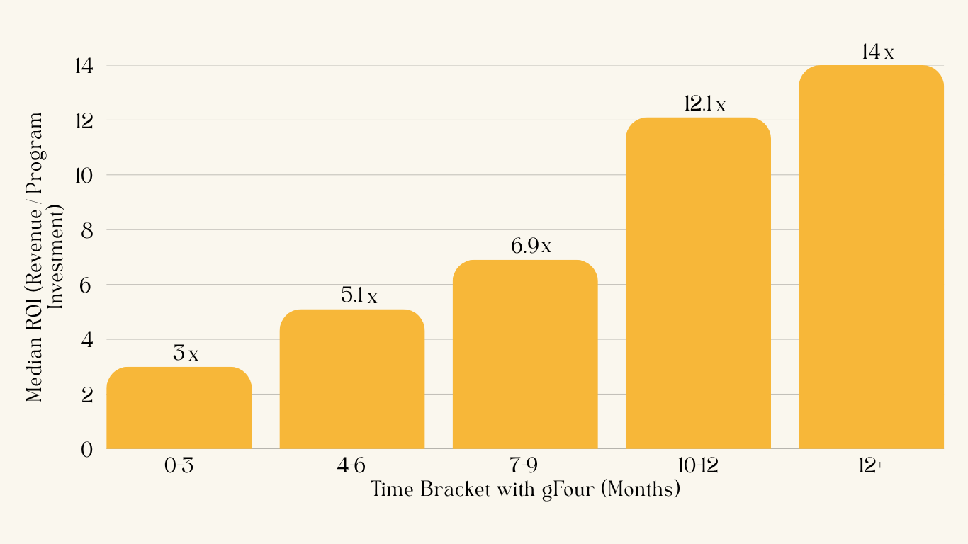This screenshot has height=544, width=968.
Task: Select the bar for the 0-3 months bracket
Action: pyautogui.click(x=179, y=408)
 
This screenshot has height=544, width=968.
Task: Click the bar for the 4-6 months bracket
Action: pyautogui.click(x=351, y=380)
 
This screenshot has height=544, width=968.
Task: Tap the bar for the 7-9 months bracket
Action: pyautogui.click(x=524, y=354)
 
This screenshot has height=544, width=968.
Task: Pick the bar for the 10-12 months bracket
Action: pyautogui.click(x=698, y=283)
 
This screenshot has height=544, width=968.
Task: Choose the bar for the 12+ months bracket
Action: pyautogui.click(x=871, y=257)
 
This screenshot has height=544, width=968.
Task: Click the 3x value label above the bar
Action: pyautogui.click(x=185, y=353)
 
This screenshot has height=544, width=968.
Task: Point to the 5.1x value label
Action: pyautogui.click(x=359, y=296)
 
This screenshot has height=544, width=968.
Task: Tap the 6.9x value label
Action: pyautogui.click(x=531, y=246)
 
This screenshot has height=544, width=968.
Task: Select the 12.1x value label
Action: pyautogui.click(x=704, y=104)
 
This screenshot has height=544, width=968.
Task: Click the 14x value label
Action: pyautogui.click(x=877, y=52)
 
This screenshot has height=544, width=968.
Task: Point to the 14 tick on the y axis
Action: pyautogui.click(x=83, y=66)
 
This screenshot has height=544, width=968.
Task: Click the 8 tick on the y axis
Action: pyautogui.click(x=86, y=230)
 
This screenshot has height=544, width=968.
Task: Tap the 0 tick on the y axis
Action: pyautogui.click(x=86, y=449)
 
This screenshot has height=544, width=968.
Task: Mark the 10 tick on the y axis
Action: pyautogui.click(x=83, y=176)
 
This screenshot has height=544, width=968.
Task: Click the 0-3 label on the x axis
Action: pyautogui.click(x=179, y=467)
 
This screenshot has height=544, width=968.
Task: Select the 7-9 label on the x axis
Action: pyautogui.click(x=524, y=467)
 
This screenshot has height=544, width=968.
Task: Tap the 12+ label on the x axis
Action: pyautogui.click(x=871, y=467)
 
